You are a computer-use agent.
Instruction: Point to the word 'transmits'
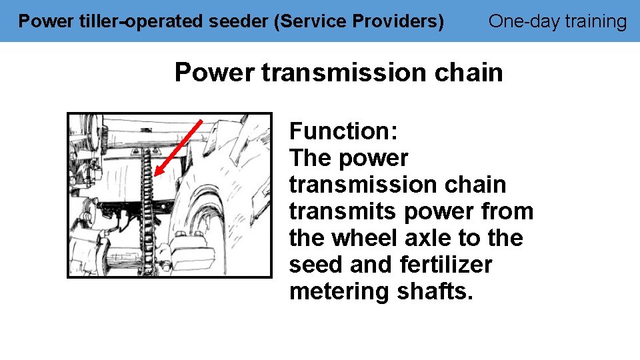(342, 211)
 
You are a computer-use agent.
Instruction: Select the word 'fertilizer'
(446, 265)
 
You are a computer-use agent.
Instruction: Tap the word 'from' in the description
(506, 211)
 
